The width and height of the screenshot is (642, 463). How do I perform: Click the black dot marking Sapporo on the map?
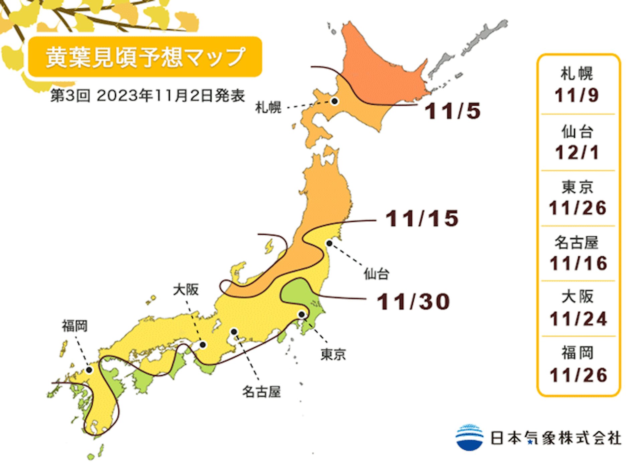334,101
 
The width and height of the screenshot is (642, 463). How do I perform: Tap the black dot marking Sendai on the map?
329,243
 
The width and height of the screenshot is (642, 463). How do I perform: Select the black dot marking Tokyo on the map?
302,314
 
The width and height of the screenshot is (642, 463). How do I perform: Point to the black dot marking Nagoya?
234,332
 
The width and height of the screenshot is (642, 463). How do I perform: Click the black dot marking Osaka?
203,345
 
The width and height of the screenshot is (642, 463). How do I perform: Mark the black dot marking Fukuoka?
89,370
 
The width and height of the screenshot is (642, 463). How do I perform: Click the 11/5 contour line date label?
452,111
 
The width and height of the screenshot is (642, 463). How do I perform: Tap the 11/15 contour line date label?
422,219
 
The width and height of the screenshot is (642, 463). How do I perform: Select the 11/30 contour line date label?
413,302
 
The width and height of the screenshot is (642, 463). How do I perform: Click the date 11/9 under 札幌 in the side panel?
577,95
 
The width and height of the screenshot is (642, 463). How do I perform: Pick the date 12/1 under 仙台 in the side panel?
577,152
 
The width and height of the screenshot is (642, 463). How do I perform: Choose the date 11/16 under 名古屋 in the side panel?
578,263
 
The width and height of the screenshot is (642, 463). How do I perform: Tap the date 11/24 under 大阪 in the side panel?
578,319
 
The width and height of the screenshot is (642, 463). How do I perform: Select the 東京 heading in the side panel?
577,187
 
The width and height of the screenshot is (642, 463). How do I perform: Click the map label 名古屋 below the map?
261,391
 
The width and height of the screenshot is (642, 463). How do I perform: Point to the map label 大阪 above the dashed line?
186,290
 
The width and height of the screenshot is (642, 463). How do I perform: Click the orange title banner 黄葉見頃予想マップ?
145,57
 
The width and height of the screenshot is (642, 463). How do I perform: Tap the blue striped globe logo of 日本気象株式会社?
469,437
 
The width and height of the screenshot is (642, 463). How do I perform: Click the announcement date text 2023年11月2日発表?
171,96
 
